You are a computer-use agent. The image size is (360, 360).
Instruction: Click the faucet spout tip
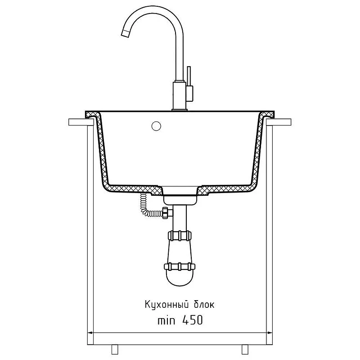click(125, 33)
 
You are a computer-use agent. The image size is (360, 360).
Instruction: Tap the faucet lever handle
click(189, 76)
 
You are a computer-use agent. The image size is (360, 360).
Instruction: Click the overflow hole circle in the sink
click(156, 126)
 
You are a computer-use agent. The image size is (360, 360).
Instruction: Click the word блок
click(204, 305)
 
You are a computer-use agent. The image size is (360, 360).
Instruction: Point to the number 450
click(193, 320)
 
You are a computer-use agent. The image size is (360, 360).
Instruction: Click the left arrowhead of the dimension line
click(90, 333)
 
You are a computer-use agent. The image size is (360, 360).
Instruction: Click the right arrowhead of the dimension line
click(270, 333)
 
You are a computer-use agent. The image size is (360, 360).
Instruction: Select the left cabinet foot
click(115, 349)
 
